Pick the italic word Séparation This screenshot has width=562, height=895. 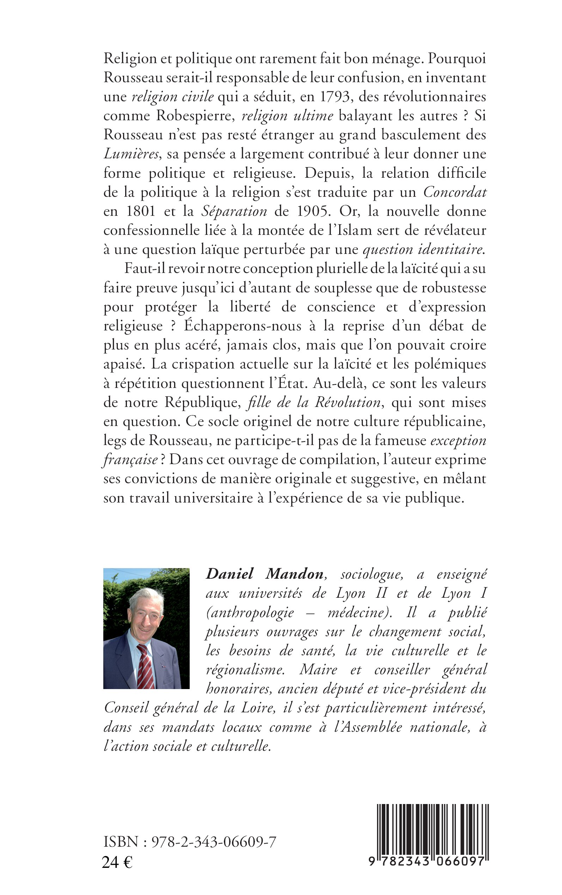pos(234,212)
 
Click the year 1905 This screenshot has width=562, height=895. pos(314,212)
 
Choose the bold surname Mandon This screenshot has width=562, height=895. pos(294,574)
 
